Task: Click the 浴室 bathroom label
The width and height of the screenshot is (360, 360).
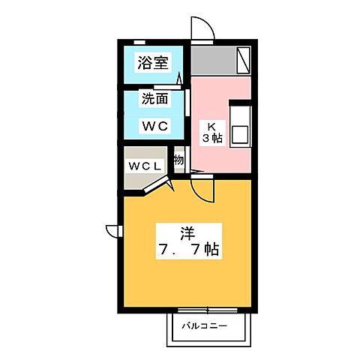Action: point(152,64)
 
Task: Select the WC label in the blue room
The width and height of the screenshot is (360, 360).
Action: point(152,125)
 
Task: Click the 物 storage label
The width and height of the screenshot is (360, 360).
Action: point(179,159)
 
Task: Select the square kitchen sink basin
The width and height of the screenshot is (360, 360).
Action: point(240,134)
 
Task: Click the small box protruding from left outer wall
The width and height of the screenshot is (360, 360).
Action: point(112,229)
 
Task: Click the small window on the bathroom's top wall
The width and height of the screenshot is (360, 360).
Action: point(140,41)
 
